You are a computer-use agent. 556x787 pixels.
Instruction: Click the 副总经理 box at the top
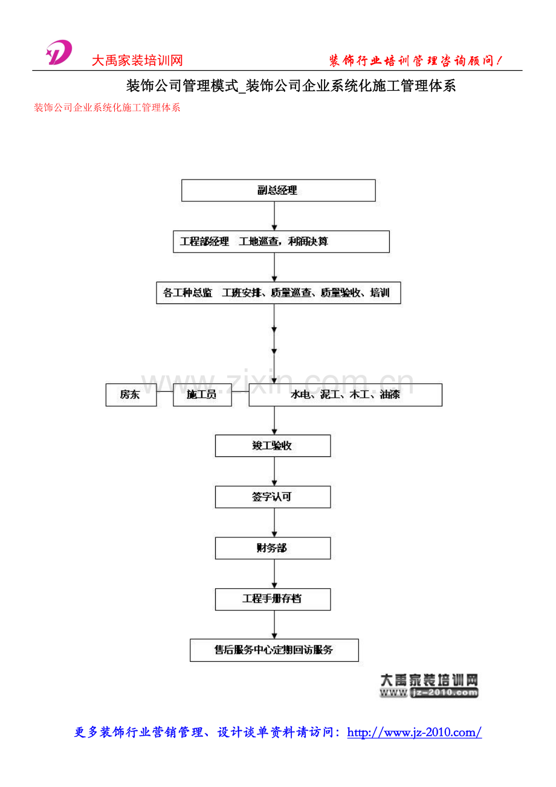tap(279, 190)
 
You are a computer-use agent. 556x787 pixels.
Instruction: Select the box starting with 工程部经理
tap(280, 241)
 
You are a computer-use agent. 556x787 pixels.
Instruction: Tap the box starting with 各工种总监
tap(278, 293)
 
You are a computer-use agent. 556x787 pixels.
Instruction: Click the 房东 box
tap(131, 395)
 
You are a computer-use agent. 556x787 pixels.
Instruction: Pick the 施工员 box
tap(202, 395)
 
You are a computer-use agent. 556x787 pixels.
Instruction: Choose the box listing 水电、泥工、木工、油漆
tap(345, 395)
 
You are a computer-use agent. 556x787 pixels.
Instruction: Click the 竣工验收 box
tap(273, 445)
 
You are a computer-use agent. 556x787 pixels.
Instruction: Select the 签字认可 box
tap(273, 497)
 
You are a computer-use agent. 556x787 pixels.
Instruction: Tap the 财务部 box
tap(273, 548)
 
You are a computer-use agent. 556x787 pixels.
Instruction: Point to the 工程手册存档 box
tap(273, 599)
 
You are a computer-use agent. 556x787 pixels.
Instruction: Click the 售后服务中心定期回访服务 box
tap(274, 650)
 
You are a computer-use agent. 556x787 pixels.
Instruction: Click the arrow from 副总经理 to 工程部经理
tap(274, 216)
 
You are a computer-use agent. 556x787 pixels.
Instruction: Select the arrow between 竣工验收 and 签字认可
tap(274, 471)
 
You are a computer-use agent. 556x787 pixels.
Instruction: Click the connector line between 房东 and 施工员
tap(165, 391)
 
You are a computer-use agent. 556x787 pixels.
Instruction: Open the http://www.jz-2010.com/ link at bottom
tap(414, 733)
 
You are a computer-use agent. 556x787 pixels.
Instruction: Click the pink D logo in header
tap(59, 53)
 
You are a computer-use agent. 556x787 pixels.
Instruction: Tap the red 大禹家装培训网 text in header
tap(137, 60)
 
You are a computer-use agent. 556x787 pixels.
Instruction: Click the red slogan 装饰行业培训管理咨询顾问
tap(415, 60)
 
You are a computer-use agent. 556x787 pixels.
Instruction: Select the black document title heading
tap(291, 86)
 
